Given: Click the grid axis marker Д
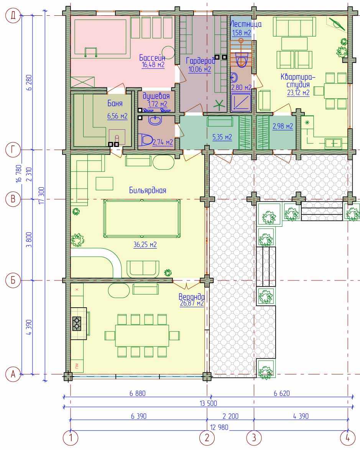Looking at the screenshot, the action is click(x=13, y=15).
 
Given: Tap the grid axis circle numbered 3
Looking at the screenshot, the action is click(x=254, y=438).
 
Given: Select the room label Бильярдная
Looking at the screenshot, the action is click(x=148, y=190).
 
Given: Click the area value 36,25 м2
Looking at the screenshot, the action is click(x=145, y=244).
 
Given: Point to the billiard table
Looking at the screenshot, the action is click(x=142, y=218).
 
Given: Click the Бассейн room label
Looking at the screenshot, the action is click(x=152, y=58).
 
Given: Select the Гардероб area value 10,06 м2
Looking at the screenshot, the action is click(x=200, y=69).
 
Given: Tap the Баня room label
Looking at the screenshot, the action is click(x=115, y=103).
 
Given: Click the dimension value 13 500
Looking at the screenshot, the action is click(x=208, y=403).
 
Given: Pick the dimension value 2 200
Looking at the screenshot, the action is click(x=230, y=416).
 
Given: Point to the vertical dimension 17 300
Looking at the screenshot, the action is click(x=41, y=195).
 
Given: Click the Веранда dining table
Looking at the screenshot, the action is click(x=142, y=336).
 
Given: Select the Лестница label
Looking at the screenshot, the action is click(x=246, y=24).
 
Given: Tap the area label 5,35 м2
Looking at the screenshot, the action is click(x=222, y=137).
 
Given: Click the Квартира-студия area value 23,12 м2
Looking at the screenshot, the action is click(x=298, y=93).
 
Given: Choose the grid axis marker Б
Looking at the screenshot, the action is click(x=13, y=280).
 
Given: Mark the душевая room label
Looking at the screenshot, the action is click(x=156, y=96).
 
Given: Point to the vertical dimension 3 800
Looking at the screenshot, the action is click(x=29, y=240).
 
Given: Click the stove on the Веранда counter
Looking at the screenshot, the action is click(x=77, y=323).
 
